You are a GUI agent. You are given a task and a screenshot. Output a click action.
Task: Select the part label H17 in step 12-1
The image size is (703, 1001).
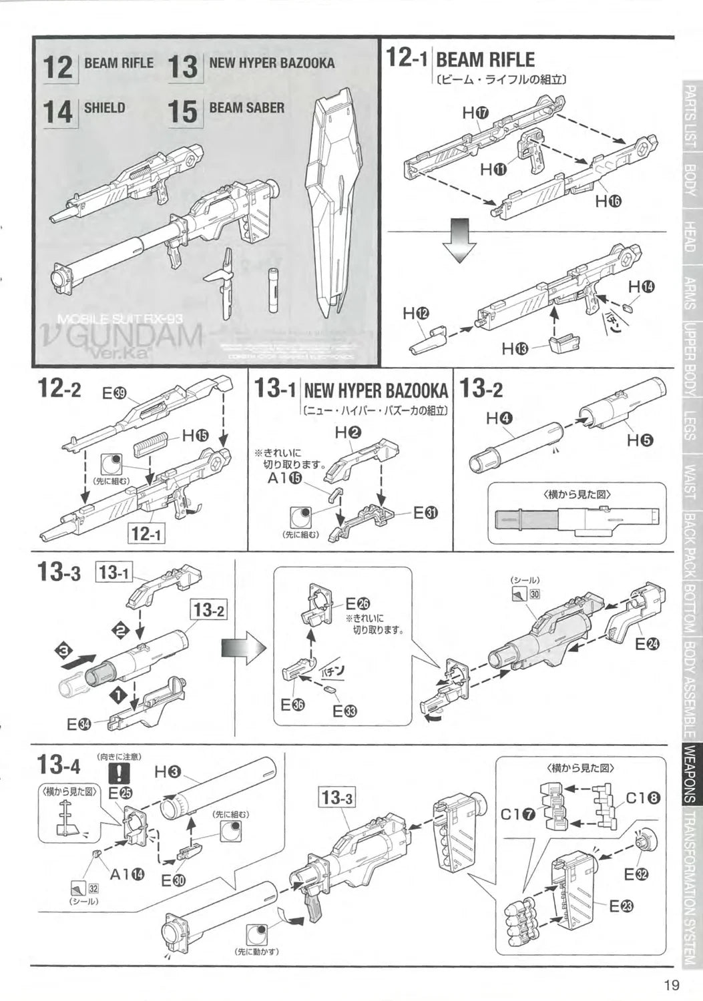click(x=475, y=113)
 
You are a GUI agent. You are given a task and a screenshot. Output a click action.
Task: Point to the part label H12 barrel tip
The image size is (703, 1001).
click(x=415, y=313)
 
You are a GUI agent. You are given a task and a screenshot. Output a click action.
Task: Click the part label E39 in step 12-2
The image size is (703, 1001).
click(x=115, y=394)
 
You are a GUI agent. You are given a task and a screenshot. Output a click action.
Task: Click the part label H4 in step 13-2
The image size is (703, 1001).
click(x=499, y=418)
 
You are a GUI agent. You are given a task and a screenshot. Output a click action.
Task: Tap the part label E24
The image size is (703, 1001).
click(x=647, y=643)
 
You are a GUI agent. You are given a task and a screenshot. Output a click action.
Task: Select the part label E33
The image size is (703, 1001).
click(x=344, y=711)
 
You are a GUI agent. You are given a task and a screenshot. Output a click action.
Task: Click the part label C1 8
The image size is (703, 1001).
click(x=644, y=797)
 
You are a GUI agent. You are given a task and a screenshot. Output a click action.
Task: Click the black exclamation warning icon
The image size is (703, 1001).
click(x=119, y=773)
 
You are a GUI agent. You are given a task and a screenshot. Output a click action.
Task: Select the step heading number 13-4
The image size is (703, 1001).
click(x=60, y=763)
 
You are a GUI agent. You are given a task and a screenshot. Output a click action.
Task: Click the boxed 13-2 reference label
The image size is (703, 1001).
click(x=210, y=610)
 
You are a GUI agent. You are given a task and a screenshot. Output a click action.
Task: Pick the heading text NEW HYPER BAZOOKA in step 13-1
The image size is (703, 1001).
click(x=375, y=390)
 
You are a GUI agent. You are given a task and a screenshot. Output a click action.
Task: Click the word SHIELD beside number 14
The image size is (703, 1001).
click(x=104, y=107)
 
